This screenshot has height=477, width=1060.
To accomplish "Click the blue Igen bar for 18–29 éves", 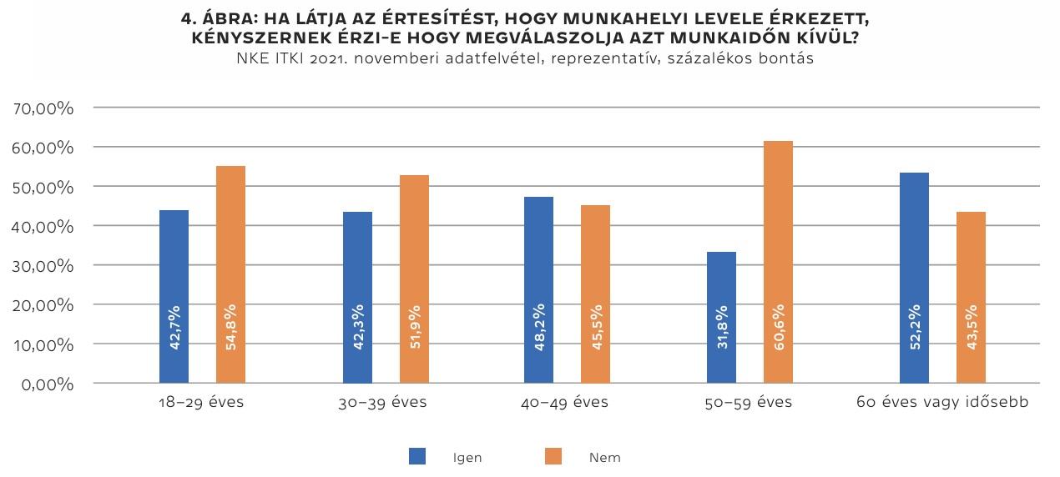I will click(174, 296).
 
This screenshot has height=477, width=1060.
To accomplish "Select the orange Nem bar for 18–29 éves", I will click(230, 274).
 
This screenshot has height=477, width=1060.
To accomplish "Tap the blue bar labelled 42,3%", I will click(357, 297).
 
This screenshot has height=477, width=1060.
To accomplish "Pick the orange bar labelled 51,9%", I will click(413, 279).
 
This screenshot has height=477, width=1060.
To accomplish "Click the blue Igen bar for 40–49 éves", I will click(538, 289).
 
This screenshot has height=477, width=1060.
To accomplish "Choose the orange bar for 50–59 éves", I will click(777, 262).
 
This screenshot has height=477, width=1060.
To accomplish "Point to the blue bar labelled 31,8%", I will click(721, 317).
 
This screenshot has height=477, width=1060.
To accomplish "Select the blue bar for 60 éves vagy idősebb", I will click(914, 278).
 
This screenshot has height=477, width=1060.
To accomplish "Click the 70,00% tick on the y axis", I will click(44, 108).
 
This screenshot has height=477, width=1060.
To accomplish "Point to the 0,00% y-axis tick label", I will click(48, 384).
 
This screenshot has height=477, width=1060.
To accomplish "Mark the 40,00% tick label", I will click(44, 227).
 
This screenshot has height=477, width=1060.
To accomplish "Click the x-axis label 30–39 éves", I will click(382, 403).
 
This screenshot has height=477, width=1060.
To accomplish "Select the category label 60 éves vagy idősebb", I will click(942, 403).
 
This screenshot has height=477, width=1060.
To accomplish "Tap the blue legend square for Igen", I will click(417, 456).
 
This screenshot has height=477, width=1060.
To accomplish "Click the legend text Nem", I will click(604, 458).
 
